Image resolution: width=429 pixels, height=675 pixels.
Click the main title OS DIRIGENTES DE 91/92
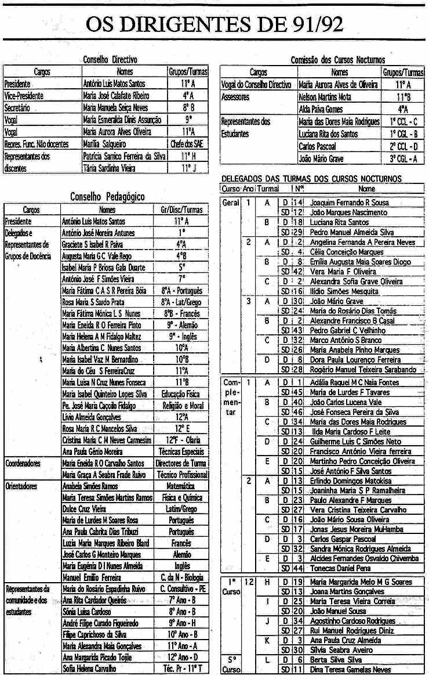214,24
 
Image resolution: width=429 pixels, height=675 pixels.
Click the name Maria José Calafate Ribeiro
117,95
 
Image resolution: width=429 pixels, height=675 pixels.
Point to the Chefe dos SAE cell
188,143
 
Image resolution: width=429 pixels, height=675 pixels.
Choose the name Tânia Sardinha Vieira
110,168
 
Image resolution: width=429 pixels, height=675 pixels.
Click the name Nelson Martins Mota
326,97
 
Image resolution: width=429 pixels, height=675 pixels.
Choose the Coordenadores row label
23,463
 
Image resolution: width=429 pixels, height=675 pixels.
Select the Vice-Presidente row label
23,95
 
